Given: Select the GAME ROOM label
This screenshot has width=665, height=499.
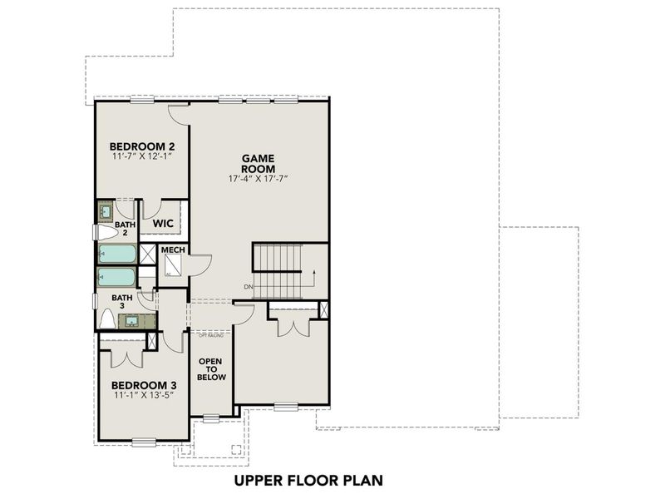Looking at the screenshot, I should click(259, 162).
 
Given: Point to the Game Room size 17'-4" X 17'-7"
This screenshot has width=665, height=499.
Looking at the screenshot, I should click(259, 179).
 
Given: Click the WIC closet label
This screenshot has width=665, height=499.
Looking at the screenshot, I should click(162, 225).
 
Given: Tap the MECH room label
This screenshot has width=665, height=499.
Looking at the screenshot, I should click(173, 250).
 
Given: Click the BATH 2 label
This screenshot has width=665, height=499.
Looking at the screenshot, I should click(125, 228).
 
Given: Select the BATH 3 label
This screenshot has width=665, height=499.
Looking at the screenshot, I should click(122, 302).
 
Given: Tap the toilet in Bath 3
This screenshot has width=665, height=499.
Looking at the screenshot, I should click(106, 319).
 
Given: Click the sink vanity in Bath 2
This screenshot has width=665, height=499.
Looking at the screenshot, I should click(106, 212).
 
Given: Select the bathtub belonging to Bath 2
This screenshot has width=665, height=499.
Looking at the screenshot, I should click(116, 254).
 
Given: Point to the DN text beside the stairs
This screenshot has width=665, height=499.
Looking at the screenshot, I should click(248, 287).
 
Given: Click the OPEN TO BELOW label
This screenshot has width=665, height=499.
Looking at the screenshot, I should click(209, 369).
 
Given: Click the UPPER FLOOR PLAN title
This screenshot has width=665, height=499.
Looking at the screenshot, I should click(308, 480).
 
